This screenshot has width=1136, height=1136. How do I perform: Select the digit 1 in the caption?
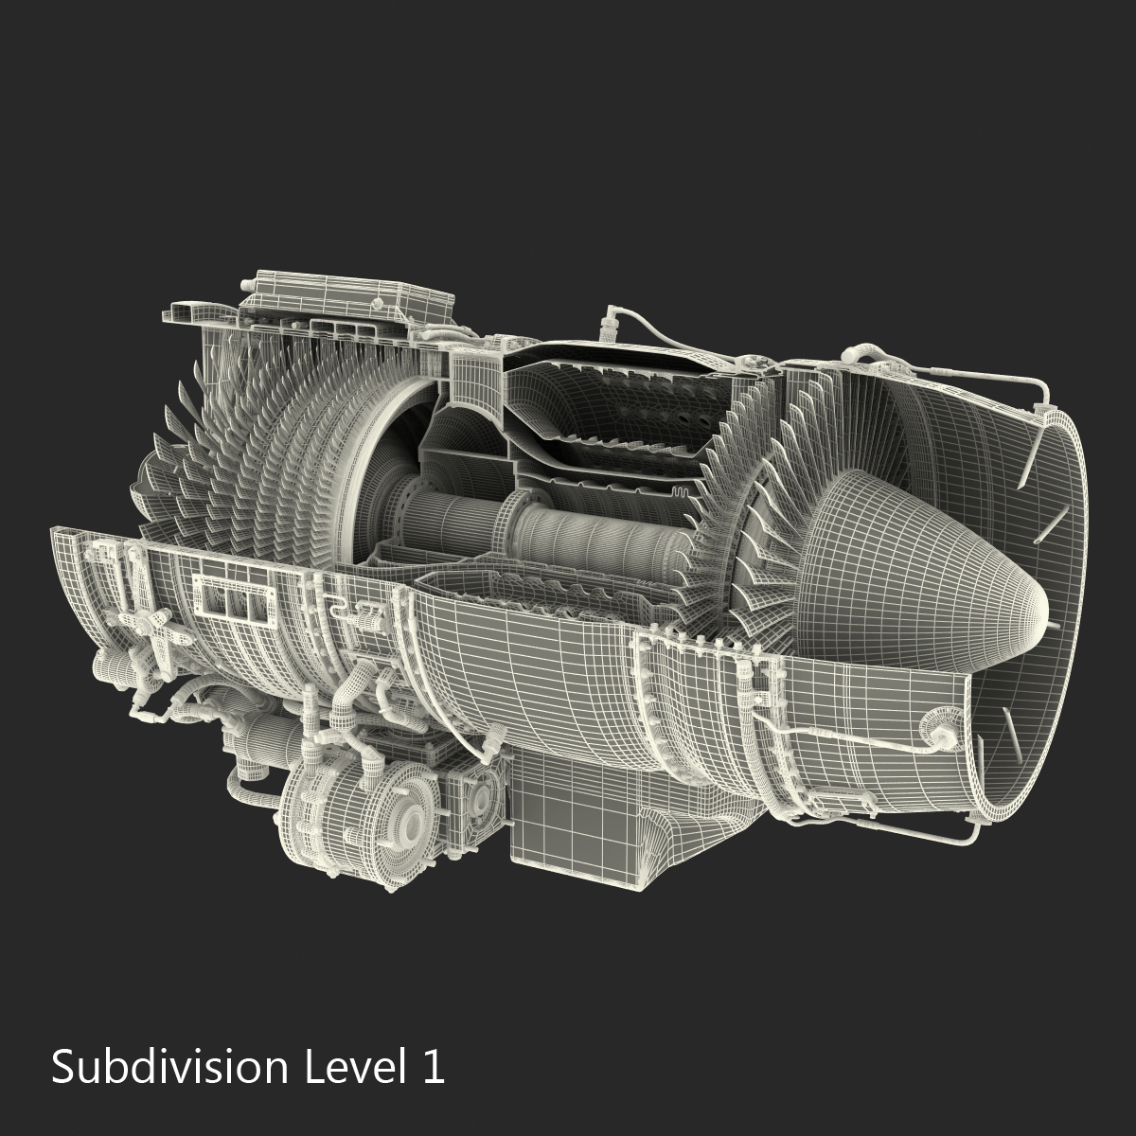(x=432, y=1067)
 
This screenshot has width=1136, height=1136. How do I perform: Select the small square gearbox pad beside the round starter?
(x=473, y=793)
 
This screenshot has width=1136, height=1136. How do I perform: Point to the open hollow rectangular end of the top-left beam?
(x=180, y=312)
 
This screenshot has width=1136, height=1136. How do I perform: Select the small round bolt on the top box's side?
(x=378, y=305)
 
